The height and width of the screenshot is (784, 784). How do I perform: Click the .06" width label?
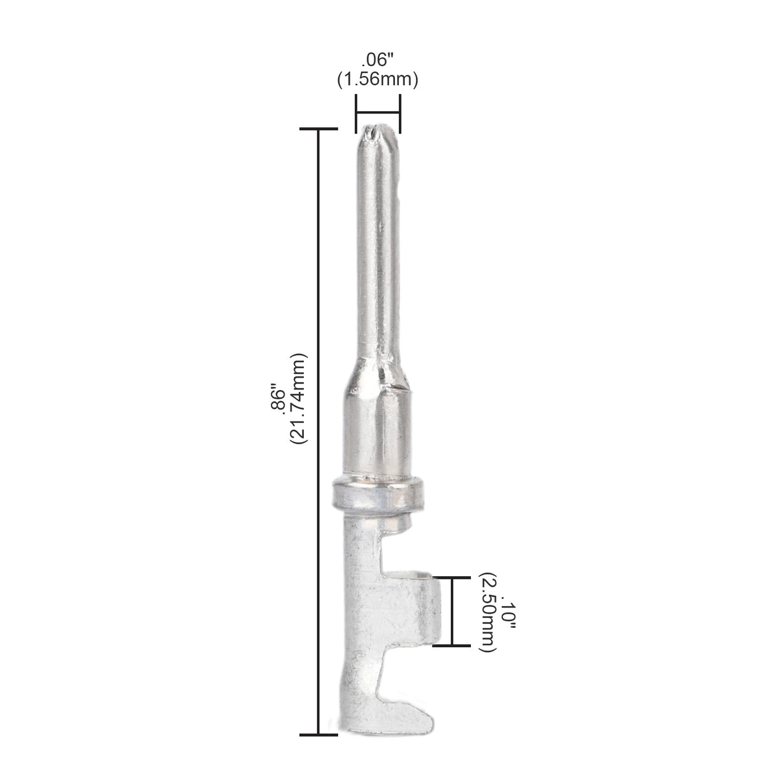coord(378,60)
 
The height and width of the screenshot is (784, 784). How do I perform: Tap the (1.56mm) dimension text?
coord(378,80)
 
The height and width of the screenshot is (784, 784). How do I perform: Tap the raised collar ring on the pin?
coord(378,494)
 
